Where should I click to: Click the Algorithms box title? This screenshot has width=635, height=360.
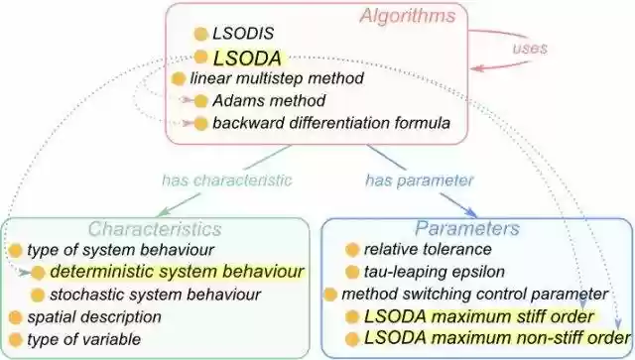pos(407,16)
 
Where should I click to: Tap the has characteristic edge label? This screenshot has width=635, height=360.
pos(227,180)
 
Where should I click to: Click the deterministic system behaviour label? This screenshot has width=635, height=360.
pos(177,271)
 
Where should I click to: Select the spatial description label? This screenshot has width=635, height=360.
pos(94,317)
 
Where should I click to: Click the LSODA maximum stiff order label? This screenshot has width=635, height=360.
pos(479,317)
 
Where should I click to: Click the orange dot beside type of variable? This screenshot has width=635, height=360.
pos(14,340)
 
